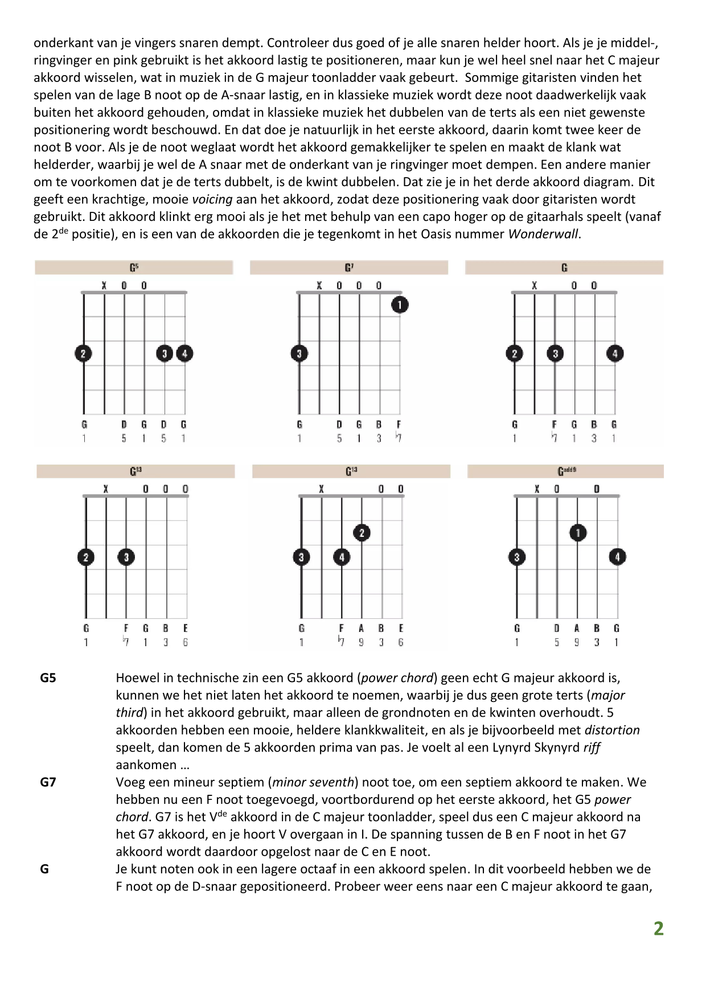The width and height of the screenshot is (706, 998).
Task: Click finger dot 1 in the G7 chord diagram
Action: pyautogui.click(x=400, y=305)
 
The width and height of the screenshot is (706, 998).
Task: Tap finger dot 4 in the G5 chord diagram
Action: pyautogui.click(x=184, y=354)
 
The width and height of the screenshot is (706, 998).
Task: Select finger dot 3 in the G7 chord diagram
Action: pyautogui.click(x=299, y=354)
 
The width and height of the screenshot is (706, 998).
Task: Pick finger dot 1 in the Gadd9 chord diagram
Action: pyautogui.click(x=578, y=533)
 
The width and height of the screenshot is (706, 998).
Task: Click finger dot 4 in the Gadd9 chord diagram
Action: pyautogui.click(x=617, y=557)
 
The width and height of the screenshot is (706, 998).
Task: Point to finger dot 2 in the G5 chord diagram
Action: pyautogui.click(x=83, y=354)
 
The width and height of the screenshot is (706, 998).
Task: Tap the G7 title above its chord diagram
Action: pyautogui.click(x=349, y=268)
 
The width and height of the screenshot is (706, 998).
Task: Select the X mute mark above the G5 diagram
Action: pyautogui.click(x=104, y=286)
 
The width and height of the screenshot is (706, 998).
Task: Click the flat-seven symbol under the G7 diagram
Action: pyautogui.click(x=399, y=438)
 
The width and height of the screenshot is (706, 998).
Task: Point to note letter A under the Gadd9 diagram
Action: pyautogui.click(x=577, y=629)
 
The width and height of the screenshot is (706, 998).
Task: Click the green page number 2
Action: pyautogui.click(x=658, y=929)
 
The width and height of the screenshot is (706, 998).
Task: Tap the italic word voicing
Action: pyautogui.click(x=212, y=199)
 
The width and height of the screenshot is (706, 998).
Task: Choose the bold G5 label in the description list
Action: pyautogui.click(x=48, y=678)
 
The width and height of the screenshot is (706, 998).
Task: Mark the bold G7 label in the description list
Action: pyautogui.click(x=48, y=782)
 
